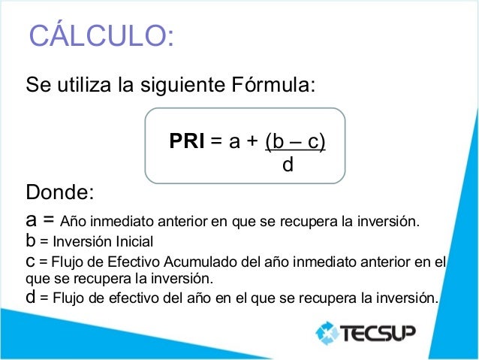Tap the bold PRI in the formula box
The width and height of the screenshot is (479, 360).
(187, 141)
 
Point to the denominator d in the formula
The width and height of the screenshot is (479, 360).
(287, 163)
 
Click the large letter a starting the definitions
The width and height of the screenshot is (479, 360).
(32, 222)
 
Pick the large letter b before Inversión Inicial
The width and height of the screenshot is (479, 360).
(31, 242)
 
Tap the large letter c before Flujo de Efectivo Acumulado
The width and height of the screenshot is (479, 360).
(31, 262)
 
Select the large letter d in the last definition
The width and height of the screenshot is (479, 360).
(31, 297)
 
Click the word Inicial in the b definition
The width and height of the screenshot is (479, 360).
(132, 243)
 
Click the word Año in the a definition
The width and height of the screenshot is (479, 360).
(74, 222)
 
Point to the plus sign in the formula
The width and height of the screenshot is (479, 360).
(245, 141)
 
